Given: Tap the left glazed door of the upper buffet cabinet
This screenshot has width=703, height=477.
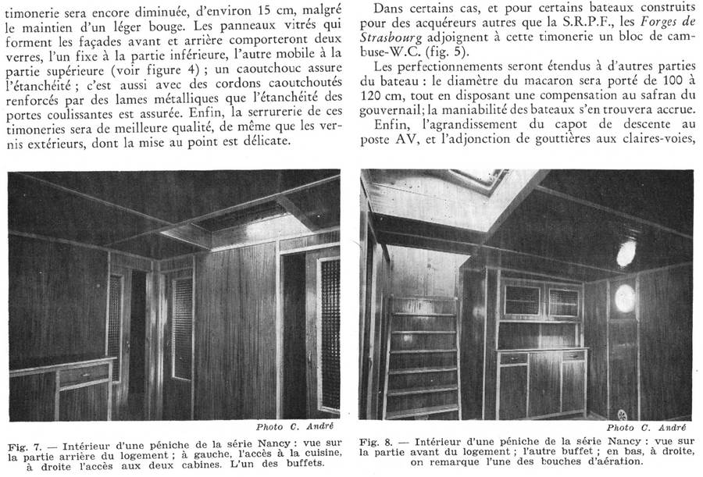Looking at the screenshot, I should [522, 300].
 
